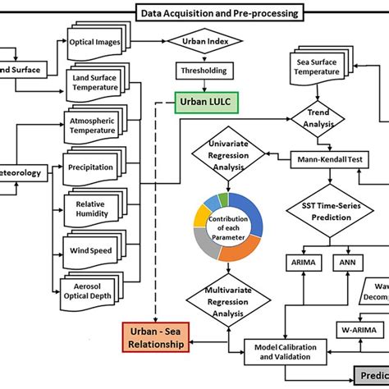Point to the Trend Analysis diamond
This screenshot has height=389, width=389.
pyautogui.click(x=322, y=121)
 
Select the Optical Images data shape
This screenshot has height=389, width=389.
pyautogui.click(x=101, y=41)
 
